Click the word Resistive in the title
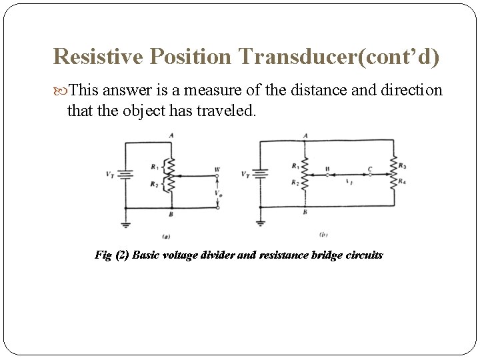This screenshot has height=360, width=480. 99,57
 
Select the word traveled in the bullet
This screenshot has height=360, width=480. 226,110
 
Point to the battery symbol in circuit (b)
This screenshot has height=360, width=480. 261,175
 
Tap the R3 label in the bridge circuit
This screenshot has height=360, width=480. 402,165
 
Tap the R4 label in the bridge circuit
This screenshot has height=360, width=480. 402,181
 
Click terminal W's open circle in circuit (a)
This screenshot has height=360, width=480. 217,177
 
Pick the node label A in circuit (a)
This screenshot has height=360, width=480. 171,135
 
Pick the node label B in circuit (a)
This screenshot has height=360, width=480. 171,214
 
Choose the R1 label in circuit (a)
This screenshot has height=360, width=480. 154,166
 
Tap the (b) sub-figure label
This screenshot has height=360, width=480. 323,234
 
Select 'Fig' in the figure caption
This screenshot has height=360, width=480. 103,255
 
